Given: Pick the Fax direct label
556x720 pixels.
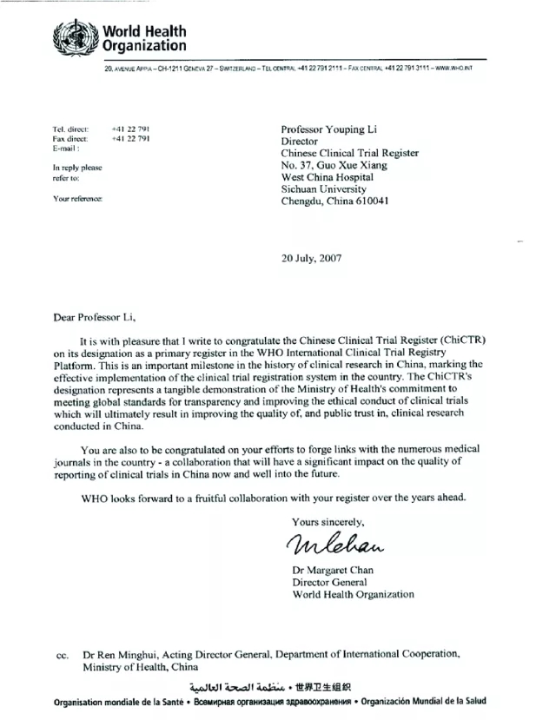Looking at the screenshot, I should point(69,138).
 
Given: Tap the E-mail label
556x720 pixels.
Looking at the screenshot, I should point(66,149).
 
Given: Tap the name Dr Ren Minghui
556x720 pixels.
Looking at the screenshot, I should point(122,654).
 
